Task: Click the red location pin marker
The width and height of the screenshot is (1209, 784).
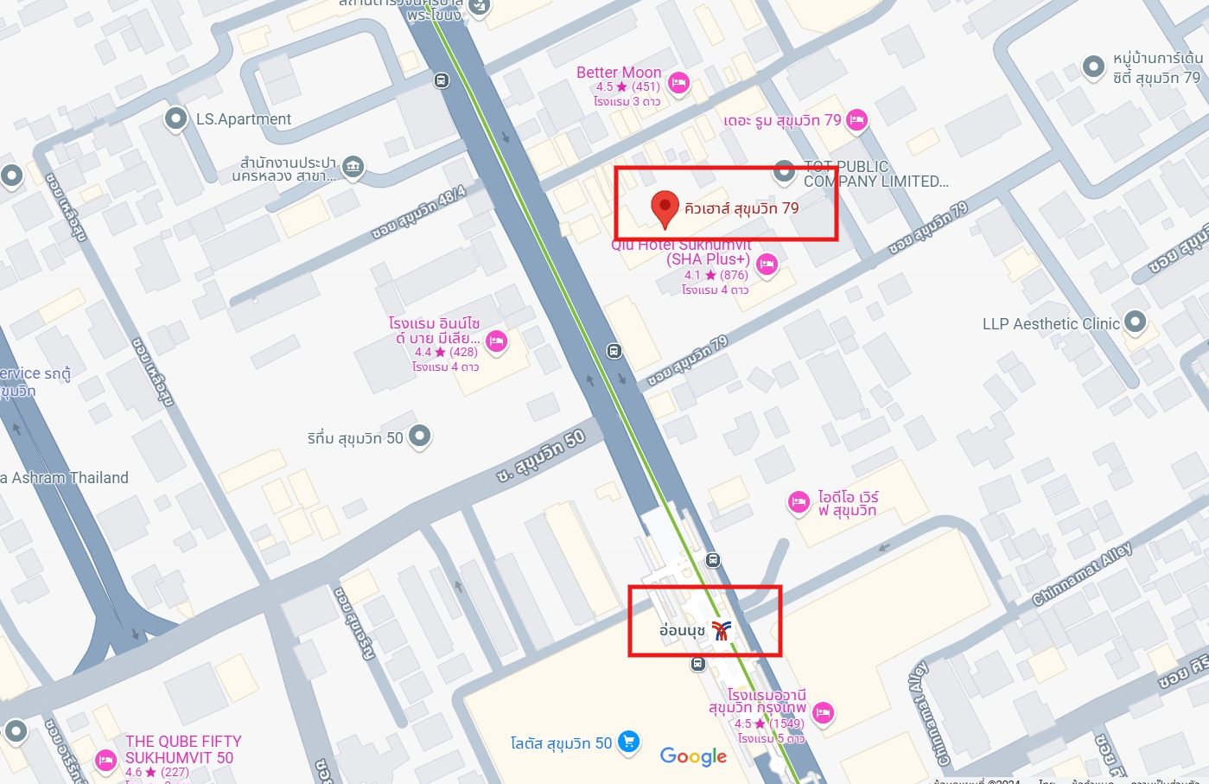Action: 665,207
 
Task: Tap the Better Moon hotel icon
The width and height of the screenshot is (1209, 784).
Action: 678,83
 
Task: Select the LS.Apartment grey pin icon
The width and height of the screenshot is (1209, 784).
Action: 176,118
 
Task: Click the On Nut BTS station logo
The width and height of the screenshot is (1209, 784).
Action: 722,631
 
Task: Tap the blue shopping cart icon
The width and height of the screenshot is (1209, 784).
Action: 628,742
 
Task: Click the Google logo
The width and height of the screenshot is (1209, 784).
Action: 693,756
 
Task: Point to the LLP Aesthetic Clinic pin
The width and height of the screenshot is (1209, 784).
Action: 1135,322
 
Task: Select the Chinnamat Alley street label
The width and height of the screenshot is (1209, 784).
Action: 1082,573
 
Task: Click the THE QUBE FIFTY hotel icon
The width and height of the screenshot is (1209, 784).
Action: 105,760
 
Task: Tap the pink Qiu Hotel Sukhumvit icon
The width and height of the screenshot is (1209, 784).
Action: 767,265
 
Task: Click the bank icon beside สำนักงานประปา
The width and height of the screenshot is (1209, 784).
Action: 353,166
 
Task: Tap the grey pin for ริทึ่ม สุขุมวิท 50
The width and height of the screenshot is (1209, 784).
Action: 419,437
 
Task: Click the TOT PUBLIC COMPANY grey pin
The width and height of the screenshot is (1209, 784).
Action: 784,171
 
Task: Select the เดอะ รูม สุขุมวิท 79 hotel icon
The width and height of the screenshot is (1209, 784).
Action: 856,119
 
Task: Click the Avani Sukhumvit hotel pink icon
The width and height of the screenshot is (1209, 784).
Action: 823,712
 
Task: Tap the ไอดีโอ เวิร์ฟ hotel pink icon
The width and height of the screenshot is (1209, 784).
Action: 799,501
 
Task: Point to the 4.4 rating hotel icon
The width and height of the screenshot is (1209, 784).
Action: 496,341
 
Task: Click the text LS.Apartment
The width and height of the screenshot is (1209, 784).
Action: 244,119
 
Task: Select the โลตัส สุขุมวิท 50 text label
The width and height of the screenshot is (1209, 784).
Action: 561,743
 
